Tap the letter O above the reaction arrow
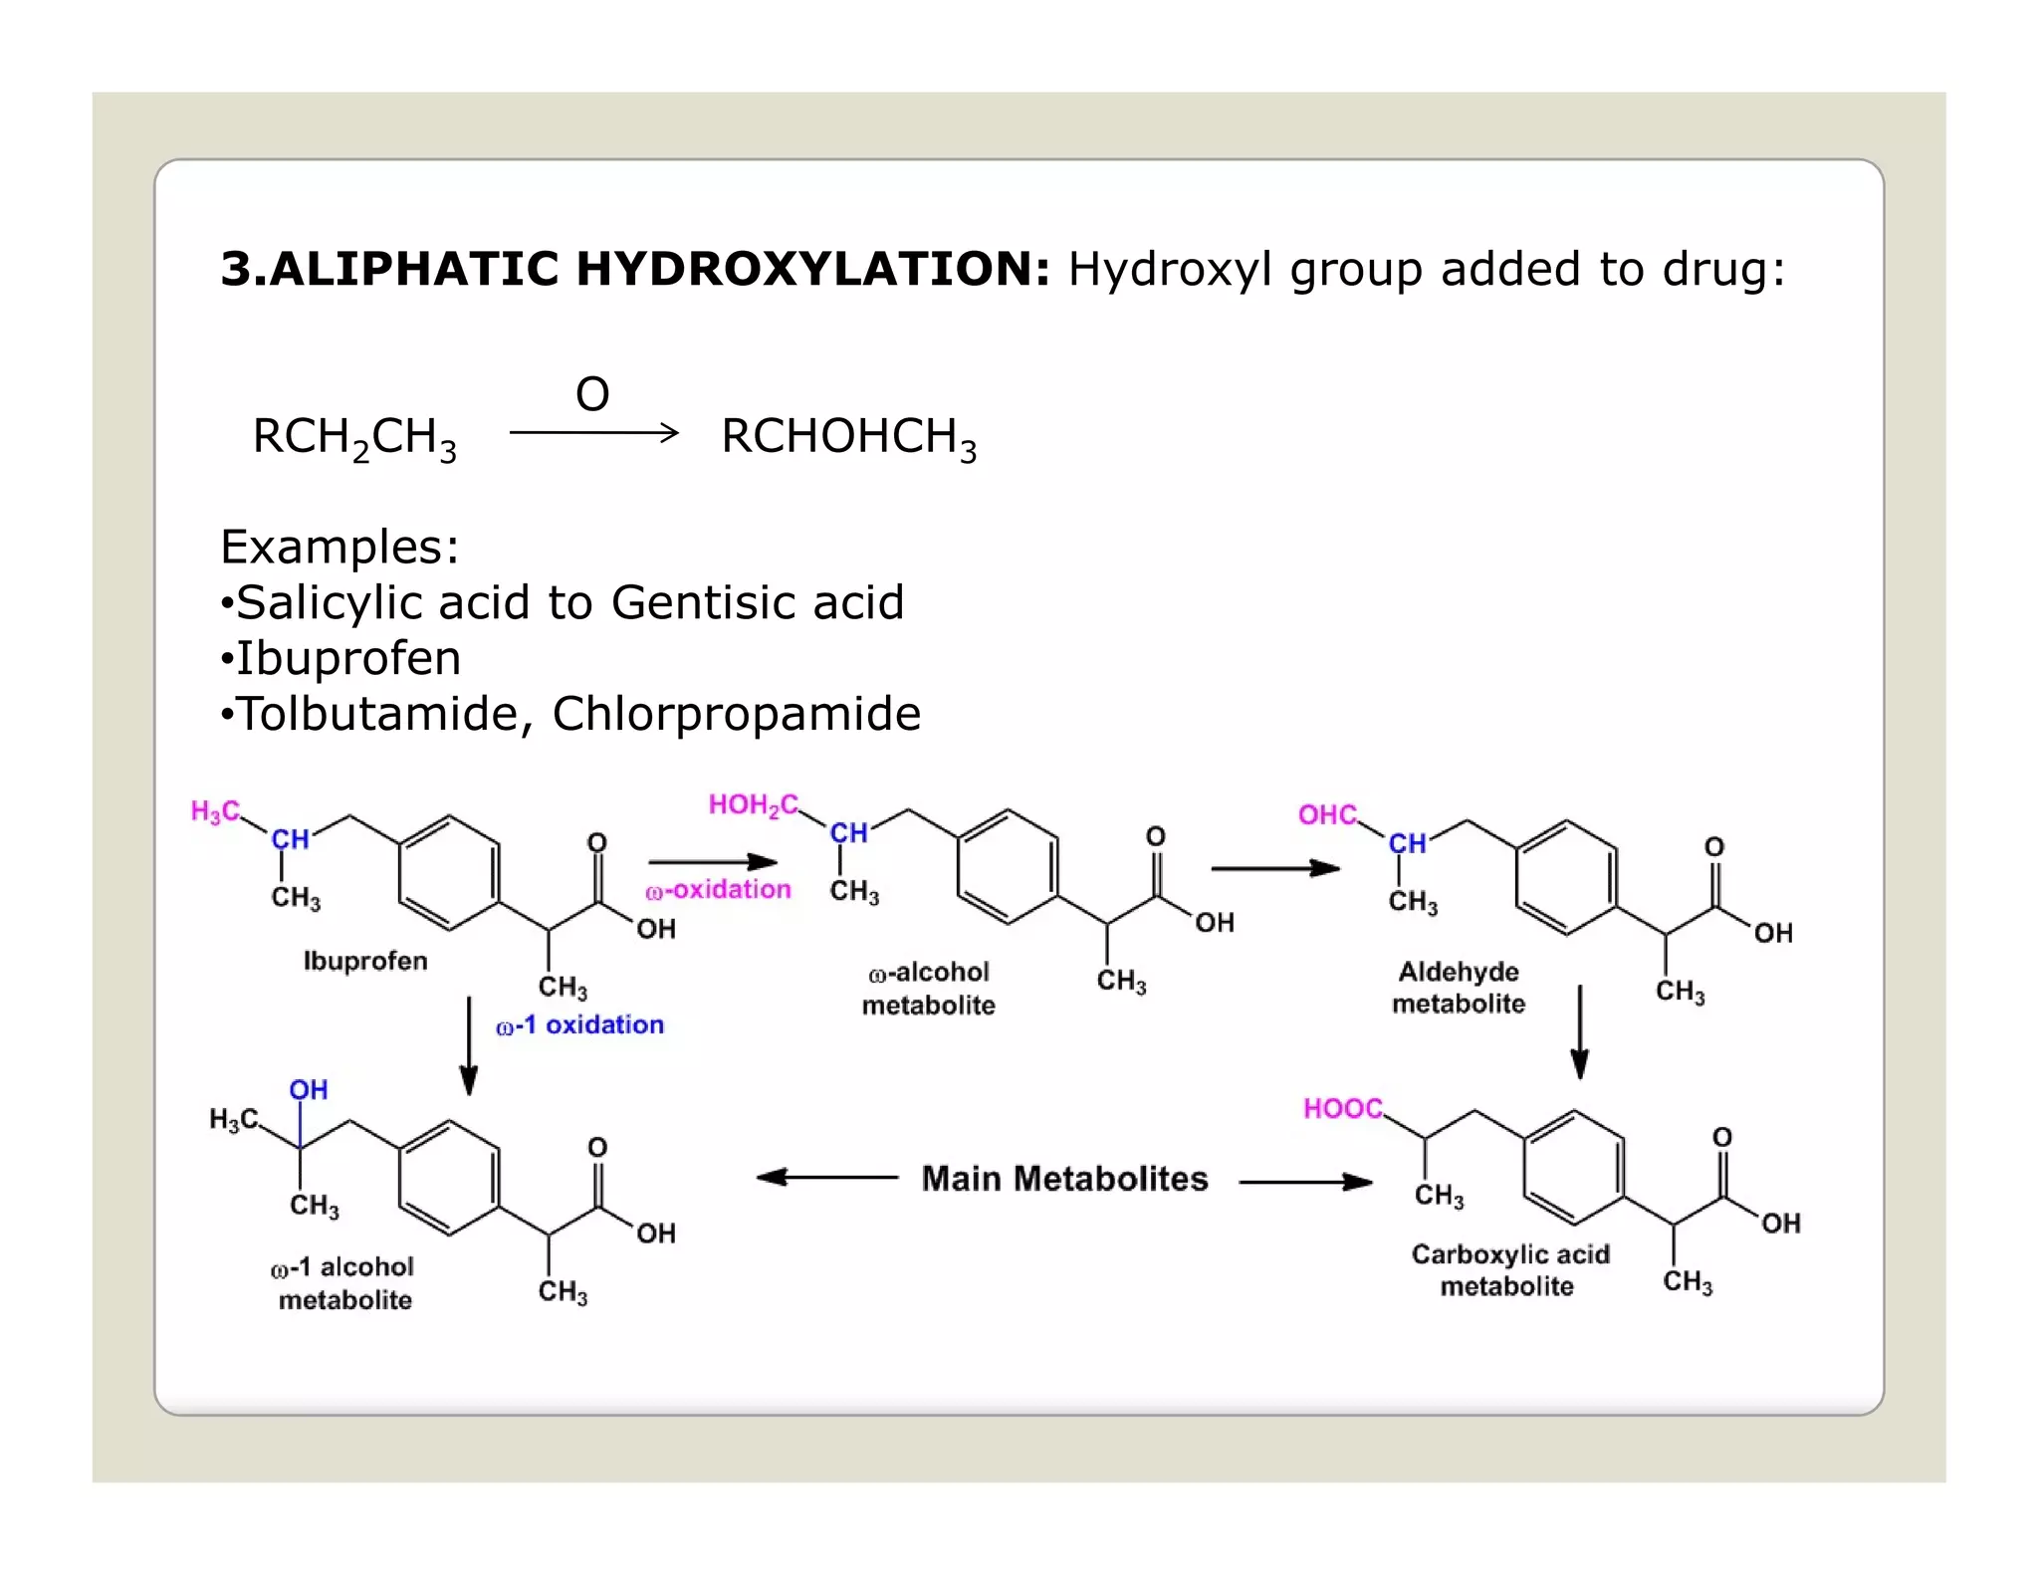(592, 394)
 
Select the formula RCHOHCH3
(848, 437)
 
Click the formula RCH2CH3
(354, 437)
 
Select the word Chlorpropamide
(737, 714)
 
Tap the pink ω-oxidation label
(718, 889)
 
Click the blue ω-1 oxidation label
(580, 1024)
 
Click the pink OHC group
(1327, 814)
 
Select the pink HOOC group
(1342, 1108)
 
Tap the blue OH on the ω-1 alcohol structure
(309, 1089)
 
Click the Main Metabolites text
(1064, 1179)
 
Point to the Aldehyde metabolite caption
(1459, 987)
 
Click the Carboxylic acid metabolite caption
(1509, 1269)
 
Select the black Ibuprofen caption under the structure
(365, 961)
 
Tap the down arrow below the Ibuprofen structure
(469, 1045)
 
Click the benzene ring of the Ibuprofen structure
(449, 873)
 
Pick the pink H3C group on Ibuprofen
(215, 811)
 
